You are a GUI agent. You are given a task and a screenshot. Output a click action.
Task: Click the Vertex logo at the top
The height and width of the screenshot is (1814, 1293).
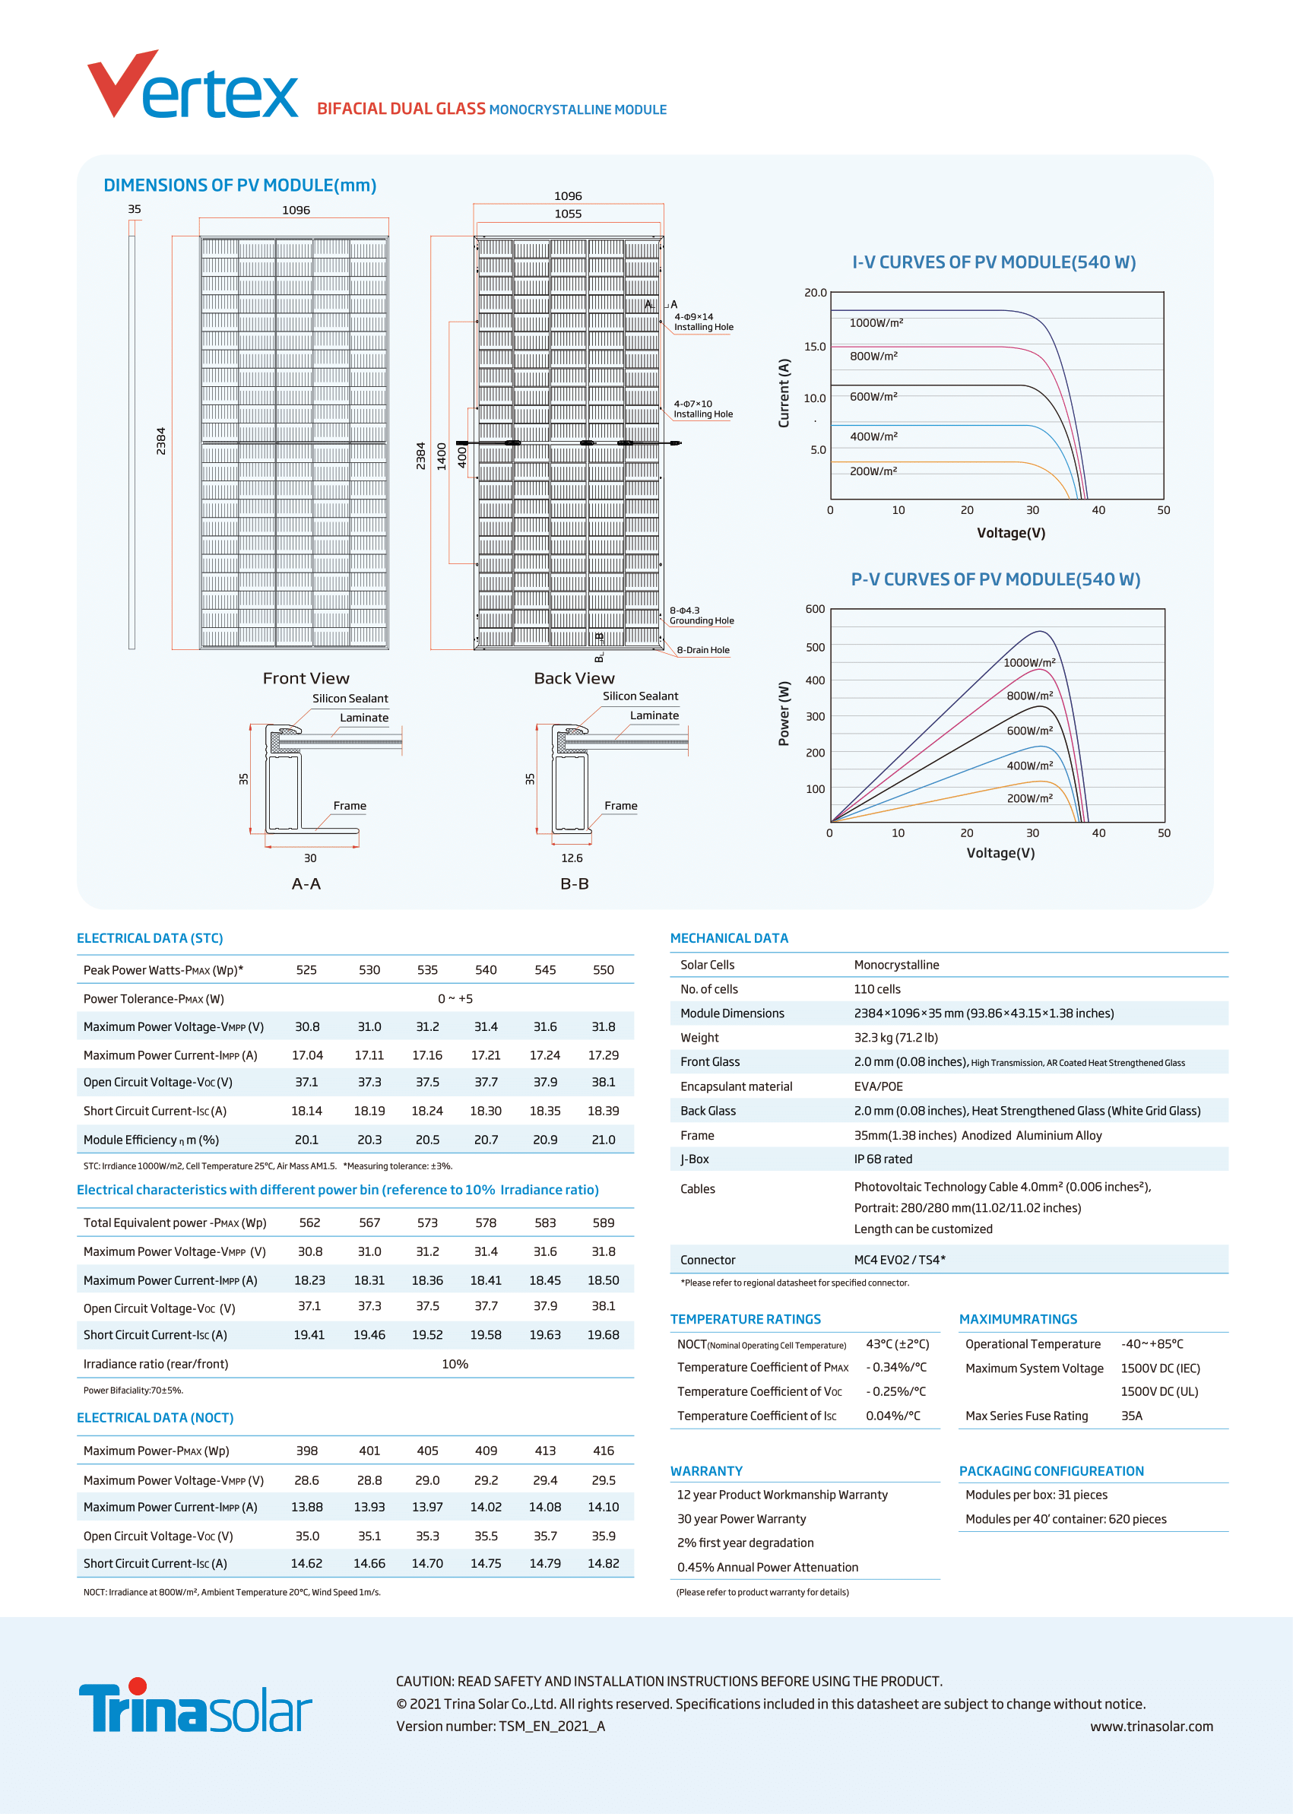click(x=192, y=86)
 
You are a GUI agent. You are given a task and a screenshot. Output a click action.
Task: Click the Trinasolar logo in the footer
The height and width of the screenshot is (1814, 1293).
click(x=195, y=1707)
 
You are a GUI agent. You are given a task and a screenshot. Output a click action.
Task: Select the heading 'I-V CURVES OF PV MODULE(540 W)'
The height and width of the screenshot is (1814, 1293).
click(x=994, y=262)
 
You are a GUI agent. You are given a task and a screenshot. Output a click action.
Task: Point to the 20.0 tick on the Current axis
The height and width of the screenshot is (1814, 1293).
click(x=816, y=293)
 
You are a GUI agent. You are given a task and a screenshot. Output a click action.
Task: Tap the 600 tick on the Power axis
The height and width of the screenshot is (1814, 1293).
click(x=816, y=609)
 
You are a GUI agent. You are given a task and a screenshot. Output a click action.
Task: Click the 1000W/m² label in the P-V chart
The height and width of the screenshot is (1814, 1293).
click(x=1028, y=662)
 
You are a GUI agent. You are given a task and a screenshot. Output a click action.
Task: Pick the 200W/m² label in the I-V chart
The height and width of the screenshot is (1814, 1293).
click(x=873, y=471)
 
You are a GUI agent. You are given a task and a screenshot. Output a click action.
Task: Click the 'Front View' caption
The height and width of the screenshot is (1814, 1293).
click(x=306, y=678)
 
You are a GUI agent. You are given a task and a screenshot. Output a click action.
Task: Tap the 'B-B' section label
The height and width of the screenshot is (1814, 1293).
click(x=574, y=884)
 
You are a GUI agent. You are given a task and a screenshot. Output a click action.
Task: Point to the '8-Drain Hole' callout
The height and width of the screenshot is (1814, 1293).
click(x=702, y=650)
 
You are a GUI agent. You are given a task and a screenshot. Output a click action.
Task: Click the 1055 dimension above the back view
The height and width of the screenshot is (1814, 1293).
click(x=568, y=214)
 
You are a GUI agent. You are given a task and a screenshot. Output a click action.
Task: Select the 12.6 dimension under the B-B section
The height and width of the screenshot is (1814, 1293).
click(x=572, y=858)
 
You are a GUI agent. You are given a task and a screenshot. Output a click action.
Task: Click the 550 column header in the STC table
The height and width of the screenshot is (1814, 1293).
click(x=603, y=970)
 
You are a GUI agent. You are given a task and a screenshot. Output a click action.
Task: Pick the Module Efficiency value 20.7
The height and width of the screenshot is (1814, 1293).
click(x=486, y=1140)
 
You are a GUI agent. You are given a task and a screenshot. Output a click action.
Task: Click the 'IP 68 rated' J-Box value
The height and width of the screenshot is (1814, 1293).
click(x=883, y=1159)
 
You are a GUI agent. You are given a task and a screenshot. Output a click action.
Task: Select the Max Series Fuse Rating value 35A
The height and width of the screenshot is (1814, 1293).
click(x=1131, y=1416)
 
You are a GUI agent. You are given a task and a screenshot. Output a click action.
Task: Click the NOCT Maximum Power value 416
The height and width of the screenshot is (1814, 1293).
click(x=603, y=1451)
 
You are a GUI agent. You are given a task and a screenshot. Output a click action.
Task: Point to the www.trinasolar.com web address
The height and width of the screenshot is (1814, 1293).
click(x=1152, y=1727)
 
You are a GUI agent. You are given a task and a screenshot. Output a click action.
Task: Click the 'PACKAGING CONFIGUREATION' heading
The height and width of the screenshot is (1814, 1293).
click(x=1051, y=1471)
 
